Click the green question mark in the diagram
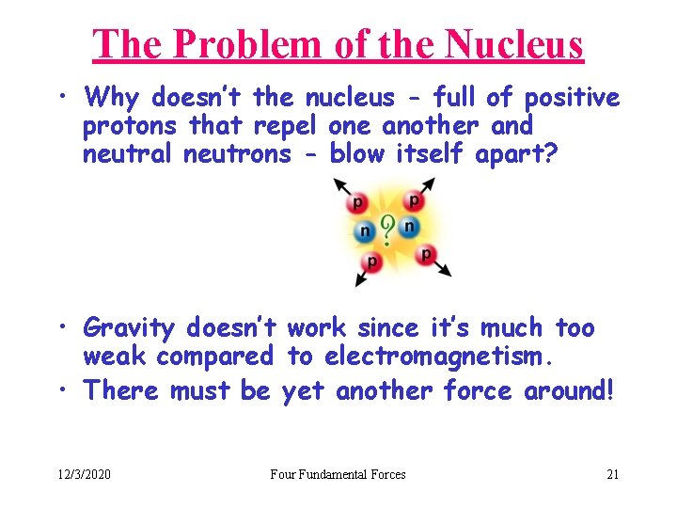click(386, 229)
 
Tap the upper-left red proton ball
click(357, 202)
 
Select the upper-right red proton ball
click(414, 200)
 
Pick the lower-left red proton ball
click(373, 261)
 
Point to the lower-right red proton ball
click(426, 254)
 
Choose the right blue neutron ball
click(409, 226)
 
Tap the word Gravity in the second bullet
click(129, 328)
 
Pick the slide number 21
click(612, 474)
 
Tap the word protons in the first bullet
click(132, 126)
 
